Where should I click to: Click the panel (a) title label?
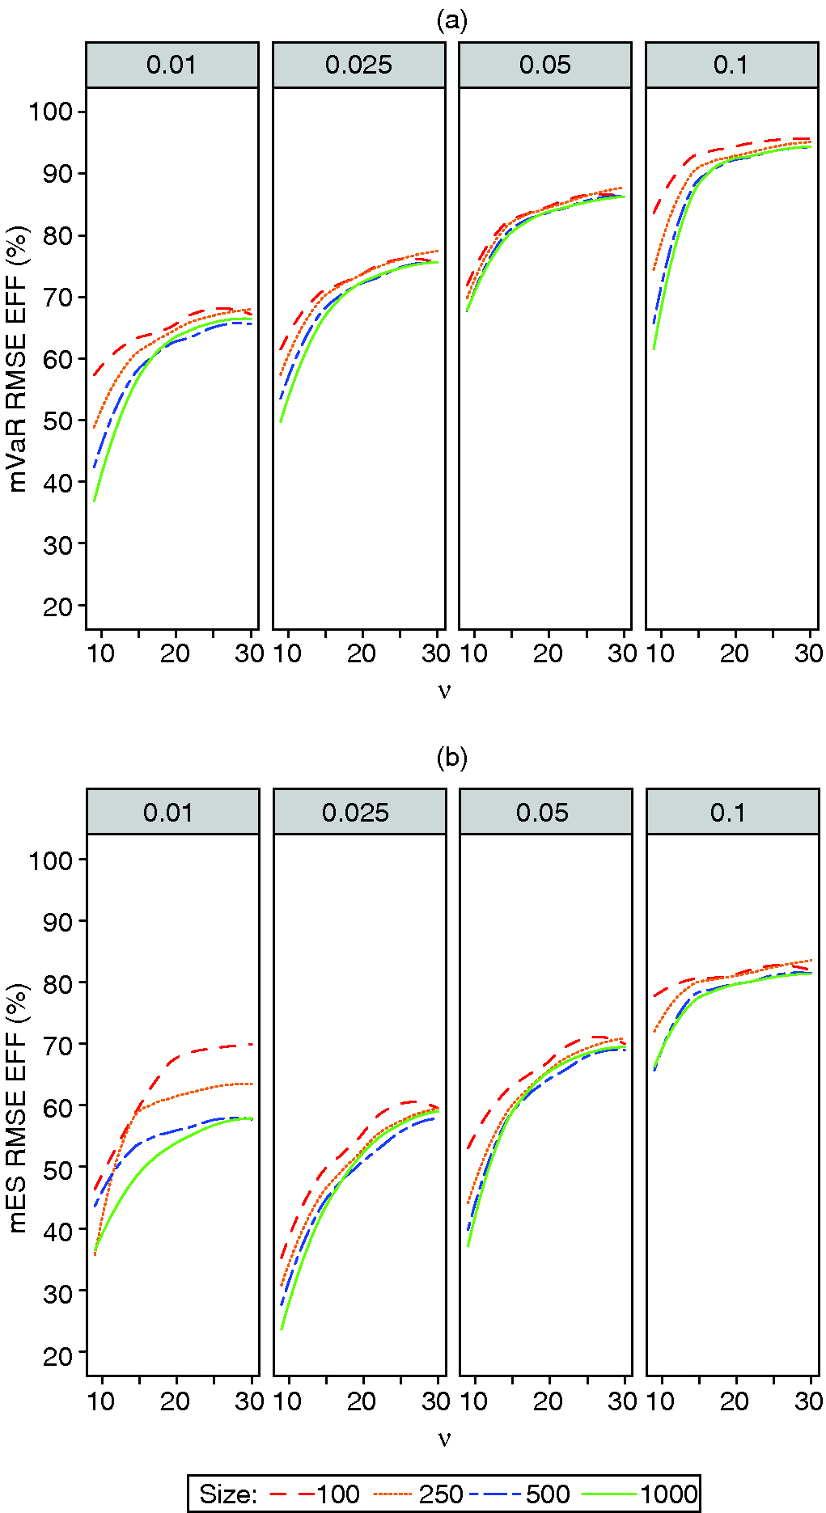pyautogui.click(x=451, y=20)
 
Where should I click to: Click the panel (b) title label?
pyautogui.click(x=451, y=758)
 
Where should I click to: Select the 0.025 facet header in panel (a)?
pyautogui.click(x=358, y=65)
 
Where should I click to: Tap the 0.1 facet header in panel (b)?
pyautogui.click(x=731, y=812)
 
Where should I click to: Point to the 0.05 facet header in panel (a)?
pyautogui.click(x=544, y=65)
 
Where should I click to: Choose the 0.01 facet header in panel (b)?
pyautogui.click(x=172, y=812)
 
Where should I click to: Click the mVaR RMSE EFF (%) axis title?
pyautogui.click(x=18, y=358)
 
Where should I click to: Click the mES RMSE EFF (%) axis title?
pyautogui.click(x=18, y=1107)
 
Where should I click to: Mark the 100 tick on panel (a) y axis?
pyautogui.click(x=51, y=112)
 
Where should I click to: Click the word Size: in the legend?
pyautogui.click(x=228, y=1494)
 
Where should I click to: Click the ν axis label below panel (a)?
pyautogui.click(x=443, y=690)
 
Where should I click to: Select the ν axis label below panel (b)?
pyautogui.click(x=443, y=1437)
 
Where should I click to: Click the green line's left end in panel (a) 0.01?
pyautogui.click(x=95, y=501)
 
